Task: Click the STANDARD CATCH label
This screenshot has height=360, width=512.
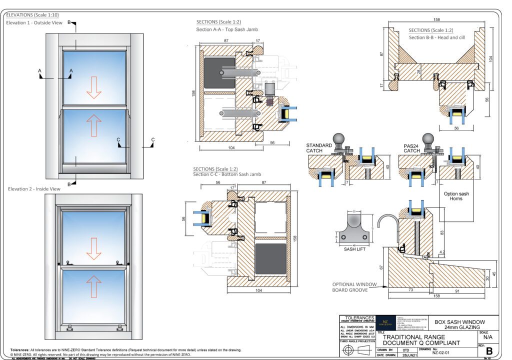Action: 319,148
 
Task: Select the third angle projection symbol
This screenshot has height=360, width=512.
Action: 356,349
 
